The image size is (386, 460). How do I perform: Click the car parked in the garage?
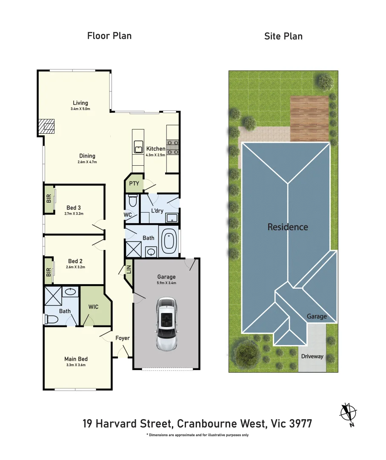[x=166, y=324]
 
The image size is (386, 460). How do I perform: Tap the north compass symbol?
[x=349, y=413]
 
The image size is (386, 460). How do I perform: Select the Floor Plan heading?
[x=109, y=36]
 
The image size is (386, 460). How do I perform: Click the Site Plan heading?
[x=283, y=36]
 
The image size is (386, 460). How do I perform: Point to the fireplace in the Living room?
[x=47, y=126]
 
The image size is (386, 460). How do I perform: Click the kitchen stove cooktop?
[x=172, y=147]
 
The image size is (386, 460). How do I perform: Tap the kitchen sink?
[x=139, y=147]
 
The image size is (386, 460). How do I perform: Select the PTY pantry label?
[x=134, y=183]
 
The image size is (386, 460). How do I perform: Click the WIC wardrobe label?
[x=94, y=307]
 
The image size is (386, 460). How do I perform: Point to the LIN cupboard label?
[x=129, y=270]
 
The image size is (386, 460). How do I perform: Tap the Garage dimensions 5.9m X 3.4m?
[x=166, y=283]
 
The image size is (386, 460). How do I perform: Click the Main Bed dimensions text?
[x=76, y=365]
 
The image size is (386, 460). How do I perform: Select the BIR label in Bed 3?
[x=49, y=198]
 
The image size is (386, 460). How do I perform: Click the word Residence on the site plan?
[x=287, y=227]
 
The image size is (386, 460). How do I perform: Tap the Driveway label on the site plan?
[x=312, y=356]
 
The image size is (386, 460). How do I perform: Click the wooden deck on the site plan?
[x=309, y=119]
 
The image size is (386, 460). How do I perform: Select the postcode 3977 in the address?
[x=300, y=424]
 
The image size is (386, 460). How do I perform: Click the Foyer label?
[x=122, y=338]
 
